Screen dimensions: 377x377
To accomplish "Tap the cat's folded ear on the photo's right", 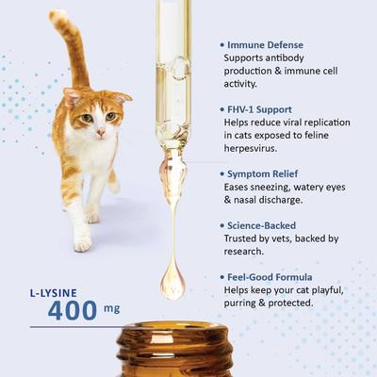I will [120, 97].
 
